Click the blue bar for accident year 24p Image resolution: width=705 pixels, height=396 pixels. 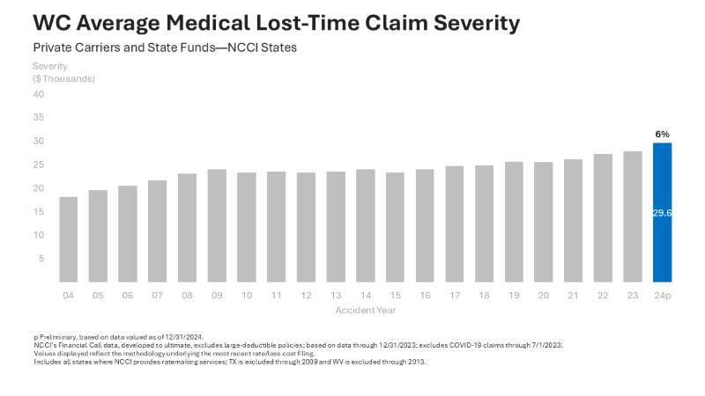(x=662, y=212)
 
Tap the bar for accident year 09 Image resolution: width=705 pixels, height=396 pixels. (x=217, y=225)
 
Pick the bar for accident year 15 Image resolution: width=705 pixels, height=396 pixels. (x=395, y=227)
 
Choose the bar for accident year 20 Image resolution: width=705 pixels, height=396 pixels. (x=543, y=222)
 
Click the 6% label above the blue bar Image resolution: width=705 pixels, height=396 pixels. (x=662, y=134)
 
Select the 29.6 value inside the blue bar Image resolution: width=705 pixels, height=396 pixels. (x=662, y=212)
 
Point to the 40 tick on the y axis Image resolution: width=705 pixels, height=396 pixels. (x=38, y=93)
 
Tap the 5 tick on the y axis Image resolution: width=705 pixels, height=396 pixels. (x=41, y=259)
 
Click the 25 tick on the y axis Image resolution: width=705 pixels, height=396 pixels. (x=38, y=165)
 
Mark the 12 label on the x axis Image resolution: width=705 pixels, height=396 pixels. (x=306, y=295)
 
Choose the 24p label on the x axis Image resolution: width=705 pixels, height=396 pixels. (x=662, y=295)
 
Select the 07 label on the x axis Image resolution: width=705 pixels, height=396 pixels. (x=158, y=295)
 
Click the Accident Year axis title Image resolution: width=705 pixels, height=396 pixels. (x=365, y=310)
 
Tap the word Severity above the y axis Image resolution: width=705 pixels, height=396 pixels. (x=50, y=66)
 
